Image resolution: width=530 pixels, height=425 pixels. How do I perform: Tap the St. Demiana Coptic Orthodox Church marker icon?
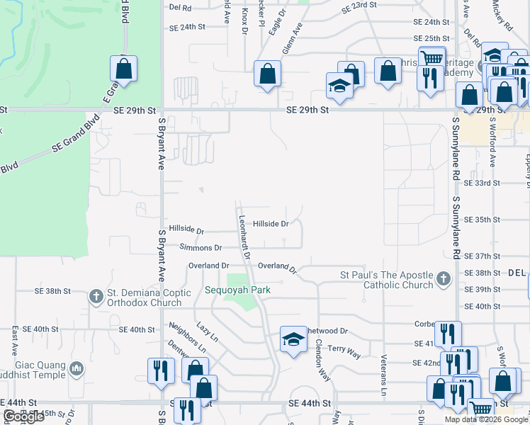click(x=96, y=297)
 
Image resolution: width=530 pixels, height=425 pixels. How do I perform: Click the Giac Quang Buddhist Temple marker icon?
click(x=77, y=368)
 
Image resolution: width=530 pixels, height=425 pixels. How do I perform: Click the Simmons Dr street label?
click(x=201, y=248)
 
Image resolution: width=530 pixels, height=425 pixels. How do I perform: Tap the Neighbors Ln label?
click(x=187, y=339)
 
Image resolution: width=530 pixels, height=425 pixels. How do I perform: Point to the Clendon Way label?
click(x=323, y=361)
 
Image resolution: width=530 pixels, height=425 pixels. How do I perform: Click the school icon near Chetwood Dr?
click(x=293, y=339)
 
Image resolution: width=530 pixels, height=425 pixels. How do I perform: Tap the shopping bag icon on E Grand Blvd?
click(x=123, y=69)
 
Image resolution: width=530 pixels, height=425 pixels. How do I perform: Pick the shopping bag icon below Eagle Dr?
click(x=267, y=74)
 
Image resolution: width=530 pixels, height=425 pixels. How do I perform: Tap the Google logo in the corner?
click(x=23, y=416)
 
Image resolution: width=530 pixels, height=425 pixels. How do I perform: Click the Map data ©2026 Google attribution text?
click(x=486, y=419)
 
